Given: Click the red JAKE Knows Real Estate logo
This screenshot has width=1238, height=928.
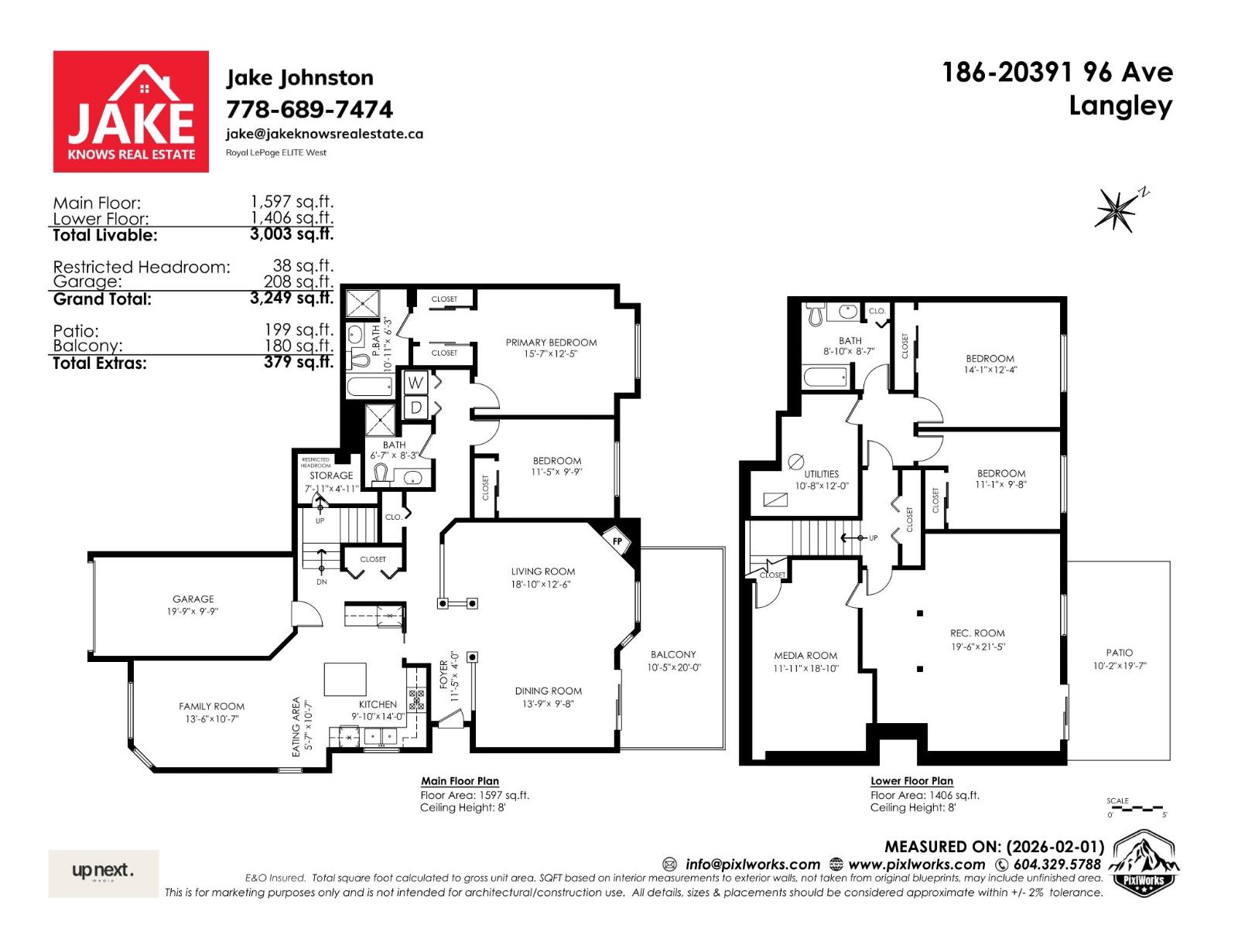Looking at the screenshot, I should point(131,111).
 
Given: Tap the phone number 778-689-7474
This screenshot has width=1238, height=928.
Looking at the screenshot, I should point(309,109).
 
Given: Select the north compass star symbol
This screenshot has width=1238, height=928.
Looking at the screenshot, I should point(1117,209).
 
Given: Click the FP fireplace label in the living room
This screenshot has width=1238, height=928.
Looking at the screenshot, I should point(617,541).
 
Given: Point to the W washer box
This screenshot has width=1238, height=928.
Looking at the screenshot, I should point(416,382).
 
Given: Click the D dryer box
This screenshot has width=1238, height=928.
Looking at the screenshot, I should point(416,407).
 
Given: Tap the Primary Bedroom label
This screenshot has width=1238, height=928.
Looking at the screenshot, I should point(551,343).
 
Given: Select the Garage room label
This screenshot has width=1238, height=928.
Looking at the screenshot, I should point(193,599).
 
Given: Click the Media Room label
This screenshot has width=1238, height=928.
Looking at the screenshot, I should point(805,655).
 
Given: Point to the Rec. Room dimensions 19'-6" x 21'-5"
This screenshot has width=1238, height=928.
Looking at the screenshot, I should point(977,647).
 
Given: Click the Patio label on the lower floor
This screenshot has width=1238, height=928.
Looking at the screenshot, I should point(1119,653).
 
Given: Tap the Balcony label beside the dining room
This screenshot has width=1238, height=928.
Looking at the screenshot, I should point(673,654).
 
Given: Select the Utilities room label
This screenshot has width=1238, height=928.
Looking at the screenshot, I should point(821,474).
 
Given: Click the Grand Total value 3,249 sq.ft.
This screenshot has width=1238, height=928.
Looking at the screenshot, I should point(292,298).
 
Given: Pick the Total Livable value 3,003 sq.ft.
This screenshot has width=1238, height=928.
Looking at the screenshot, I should point(292,234).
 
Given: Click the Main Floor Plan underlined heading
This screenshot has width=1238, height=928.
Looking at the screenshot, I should point(460,781).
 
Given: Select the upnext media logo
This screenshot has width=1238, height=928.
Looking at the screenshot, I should point(103,872).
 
